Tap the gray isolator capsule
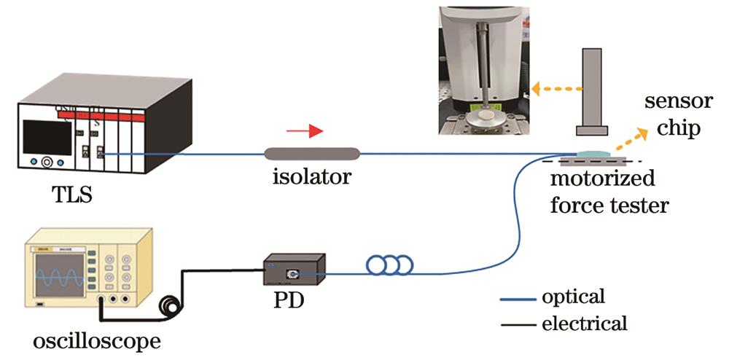tap(312, 153)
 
